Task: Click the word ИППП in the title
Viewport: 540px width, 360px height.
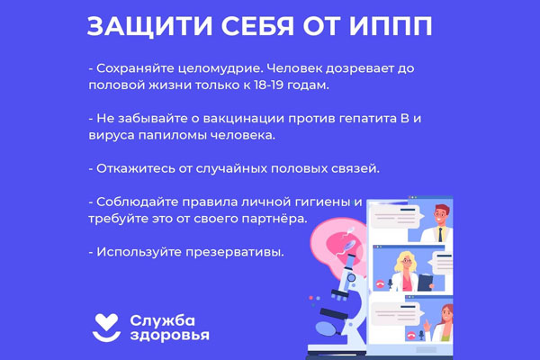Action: pos(391,26)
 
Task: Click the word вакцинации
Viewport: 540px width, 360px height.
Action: pos(244,119)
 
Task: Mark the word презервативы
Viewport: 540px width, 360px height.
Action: pos(235,253)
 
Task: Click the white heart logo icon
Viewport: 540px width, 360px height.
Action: pos(107,328)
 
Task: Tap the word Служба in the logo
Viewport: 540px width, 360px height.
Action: pos(163,321)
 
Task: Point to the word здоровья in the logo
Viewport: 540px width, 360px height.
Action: pos(170,335)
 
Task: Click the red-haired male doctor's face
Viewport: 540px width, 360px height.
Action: pos(441,216)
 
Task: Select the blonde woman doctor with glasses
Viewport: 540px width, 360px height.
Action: pos(407,272)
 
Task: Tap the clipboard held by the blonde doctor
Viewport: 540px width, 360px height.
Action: pos(426,282)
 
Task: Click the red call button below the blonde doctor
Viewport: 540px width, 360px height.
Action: pos(380,283)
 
